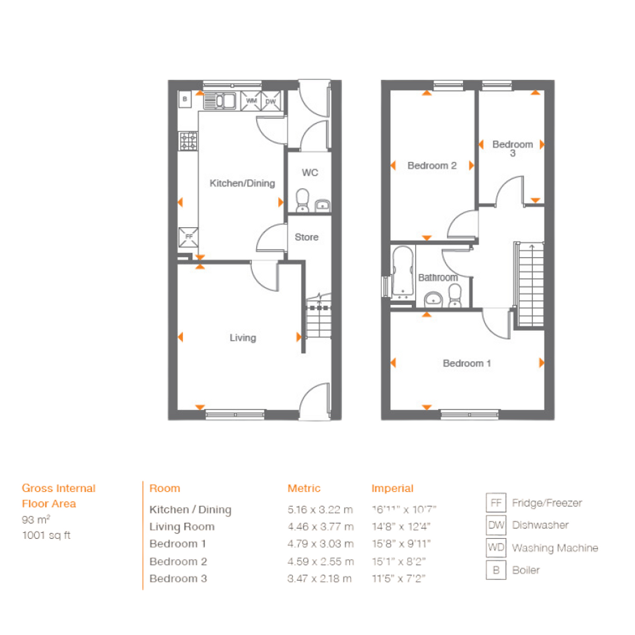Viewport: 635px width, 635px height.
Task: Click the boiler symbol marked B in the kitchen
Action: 185,99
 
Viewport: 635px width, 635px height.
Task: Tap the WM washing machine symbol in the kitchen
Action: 251,101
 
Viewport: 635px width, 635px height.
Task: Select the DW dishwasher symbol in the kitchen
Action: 271,101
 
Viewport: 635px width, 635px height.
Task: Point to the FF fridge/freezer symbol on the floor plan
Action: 189,237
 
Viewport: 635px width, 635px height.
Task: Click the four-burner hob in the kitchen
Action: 188,141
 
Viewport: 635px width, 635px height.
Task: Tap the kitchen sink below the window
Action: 220,101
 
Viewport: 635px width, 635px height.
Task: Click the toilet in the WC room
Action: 302,200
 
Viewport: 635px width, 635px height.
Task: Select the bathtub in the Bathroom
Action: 403,271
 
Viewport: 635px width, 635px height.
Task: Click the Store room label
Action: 306,237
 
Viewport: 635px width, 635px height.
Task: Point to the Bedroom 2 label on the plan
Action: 431,165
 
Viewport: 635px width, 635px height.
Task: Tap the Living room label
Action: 243,338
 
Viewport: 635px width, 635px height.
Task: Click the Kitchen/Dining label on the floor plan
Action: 242,183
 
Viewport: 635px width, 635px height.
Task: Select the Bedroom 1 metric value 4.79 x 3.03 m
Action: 321,544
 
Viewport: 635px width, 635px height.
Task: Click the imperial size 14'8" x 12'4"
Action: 401,526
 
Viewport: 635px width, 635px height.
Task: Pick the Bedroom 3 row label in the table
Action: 178,579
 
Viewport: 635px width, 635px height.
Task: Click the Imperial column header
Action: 392,489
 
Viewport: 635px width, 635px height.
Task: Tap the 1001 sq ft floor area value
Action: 46,536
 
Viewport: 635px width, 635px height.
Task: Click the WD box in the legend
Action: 496,548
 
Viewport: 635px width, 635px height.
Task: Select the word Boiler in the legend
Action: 525,570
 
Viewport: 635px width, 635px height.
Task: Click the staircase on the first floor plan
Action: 531,285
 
